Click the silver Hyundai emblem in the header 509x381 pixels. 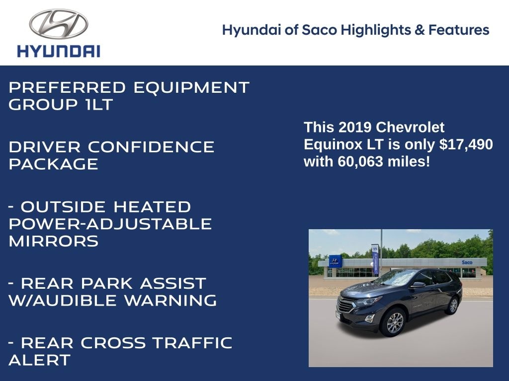click(59, 24)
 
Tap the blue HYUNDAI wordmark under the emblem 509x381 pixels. click(59, 52)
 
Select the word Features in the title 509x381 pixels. click(459, 30)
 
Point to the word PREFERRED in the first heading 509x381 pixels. click(67, 87)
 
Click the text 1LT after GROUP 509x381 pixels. click(99, 105)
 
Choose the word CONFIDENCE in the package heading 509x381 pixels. click(151, 147)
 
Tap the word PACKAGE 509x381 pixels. click(54, 164)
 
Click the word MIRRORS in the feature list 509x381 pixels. click(54, 241)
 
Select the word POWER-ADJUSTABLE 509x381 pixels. click(110, 224)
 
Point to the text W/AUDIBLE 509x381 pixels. click(62, 300)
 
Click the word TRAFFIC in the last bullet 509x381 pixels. click(192, 343)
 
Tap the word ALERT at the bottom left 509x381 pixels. click(40, 360)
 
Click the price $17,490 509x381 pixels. click(466, 144)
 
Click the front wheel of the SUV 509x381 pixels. click(394, 322)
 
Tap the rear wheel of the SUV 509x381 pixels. click(453, 305)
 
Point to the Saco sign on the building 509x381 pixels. click(467, 262)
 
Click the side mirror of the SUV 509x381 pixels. click(418, 285)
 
